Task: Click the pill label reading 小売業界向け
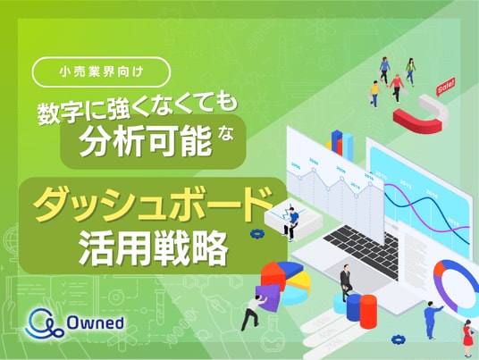[x=101, y=72]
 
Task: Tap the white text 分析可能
[x=146, y=141]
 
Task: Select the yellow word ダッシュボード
[x=154, y=205]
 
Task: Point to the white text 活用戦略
[x=154, y=247]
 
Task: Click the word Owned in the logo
[x=96, y=322]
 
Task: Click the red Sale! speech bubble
[x=446, y=87]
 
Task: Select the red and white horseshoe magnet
[x=421, y=113]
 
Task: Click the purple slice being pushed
[x=268, y=297]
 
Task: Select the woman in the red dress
[x=466, y=338]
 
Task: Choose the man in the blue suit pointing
[x=431, y=320]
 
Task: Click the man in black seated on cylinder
[x=346, y=282]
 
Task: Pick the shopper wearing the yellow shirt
[x=374, y=94]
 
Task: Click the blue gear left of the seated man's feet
[x=256, y=234]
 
